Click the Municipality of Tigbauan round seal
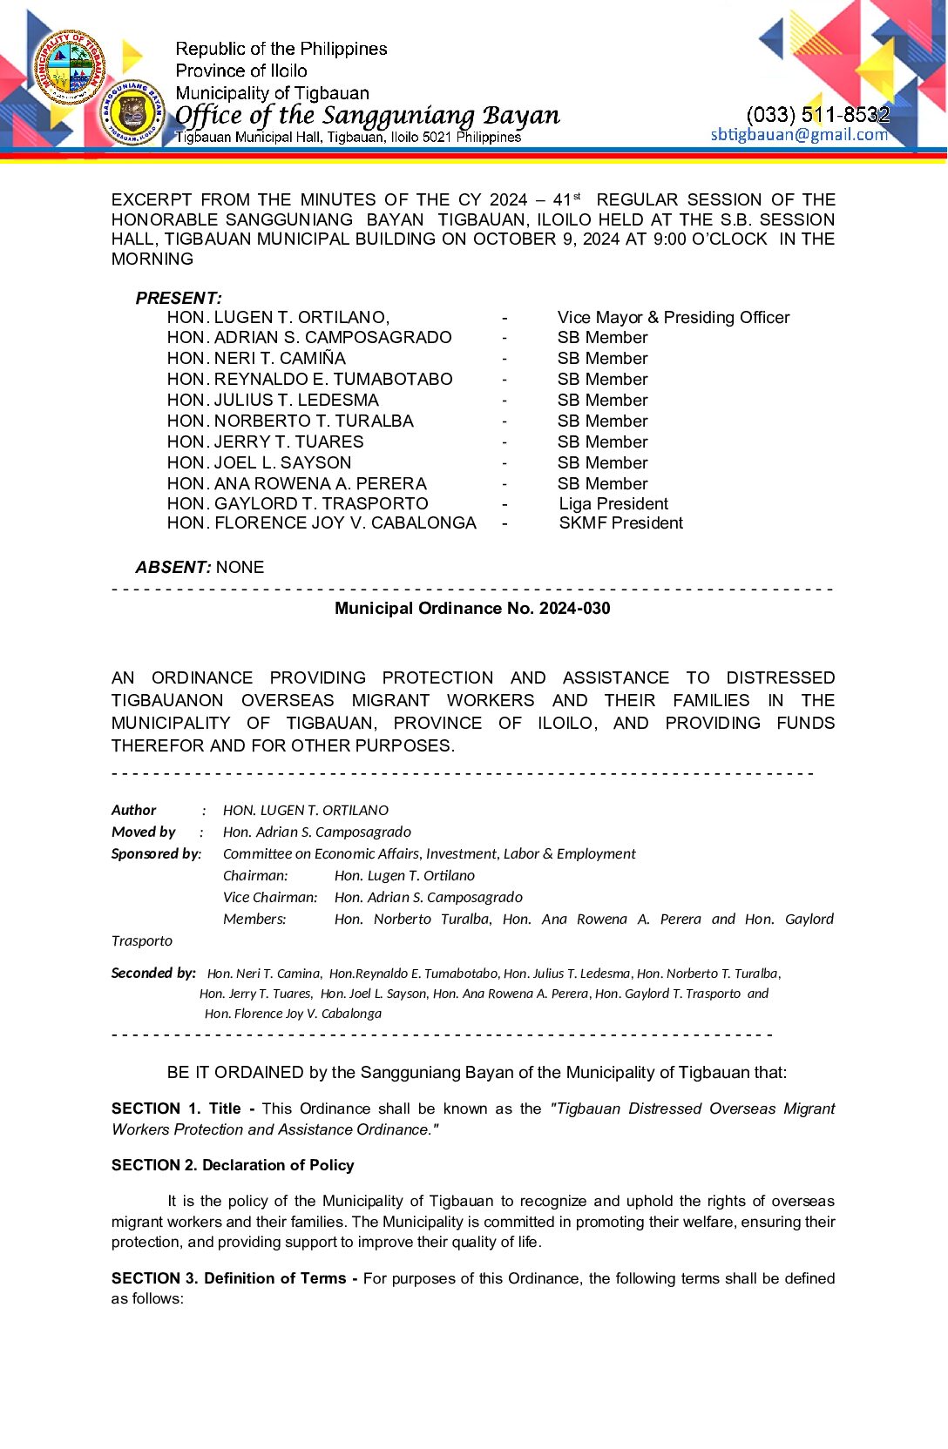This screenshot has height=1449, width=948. [68, 67]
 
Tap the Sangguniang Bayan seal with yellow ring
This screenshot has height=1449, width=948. [132, 113]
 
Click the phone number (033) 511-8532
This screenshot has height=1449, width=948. [817, 114]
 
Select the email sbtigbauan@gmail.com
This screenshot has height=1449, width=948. [799, 134]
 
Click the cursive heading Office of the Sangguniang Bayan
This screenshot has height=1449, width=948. [367, 115]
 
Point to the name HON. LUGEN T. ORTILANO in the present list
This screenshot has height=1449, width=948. [278, 317]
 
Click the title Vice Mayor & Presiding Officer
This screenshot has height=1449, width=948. [673, 317]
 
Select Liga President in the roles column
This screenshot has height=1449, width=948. [613, 503]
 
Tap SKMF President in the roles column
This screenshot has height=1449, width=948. [620, 522]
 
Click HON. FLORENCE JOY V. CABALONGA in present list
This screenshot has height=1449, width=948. [322, 522]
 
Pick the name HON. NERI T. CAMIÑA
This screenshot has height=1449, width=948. [256, 358]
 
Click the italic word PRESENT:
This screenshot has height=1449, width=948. [179, 298]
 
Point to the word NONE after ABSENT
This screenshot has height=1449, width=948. [240, 567]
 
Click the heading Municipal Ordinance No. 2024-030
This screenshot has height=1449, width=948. [472, 608]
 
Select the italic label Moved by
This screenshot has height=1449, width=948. [144, 832]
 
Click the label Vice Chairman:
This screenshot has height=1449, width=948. [269, 897]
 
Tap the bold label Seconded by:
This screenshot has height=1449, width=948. [153, 973]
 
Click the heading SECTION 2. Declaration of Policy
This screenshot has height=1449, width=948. [233, 1165]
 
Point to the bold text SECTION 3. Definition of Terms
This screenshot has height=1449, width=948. [228, 1278]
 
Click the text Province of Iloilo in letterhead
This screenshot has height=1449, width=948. [241, 71]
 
